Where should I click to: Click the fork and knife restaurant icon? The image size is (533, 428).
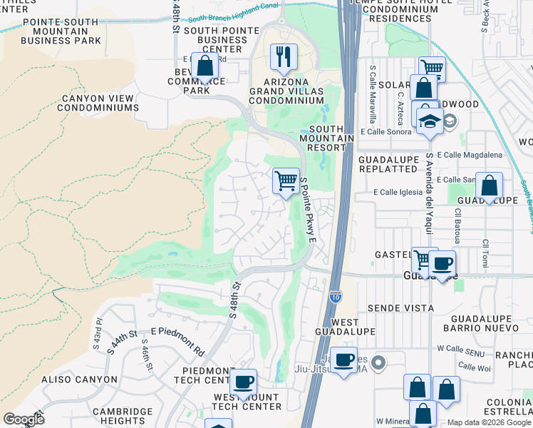coord(284,56)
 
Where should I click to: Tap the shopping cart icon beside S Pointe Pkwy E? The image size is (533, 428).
coord(286,180)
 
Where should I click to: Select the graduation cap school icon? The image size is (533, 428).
coord(430,121)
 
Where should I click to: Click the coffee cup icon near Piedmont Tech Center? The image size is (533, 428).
coord(243,381)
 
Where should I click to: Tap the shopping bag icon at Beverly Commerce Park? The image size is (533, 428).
coord(205,66)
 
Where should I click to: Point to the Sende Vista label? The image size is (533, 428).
coord(400,308)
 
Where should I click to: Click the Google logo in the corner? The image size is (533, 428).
coord(24,419)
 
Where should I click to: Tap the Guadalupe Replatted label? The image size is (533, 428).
coord(388,164)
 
